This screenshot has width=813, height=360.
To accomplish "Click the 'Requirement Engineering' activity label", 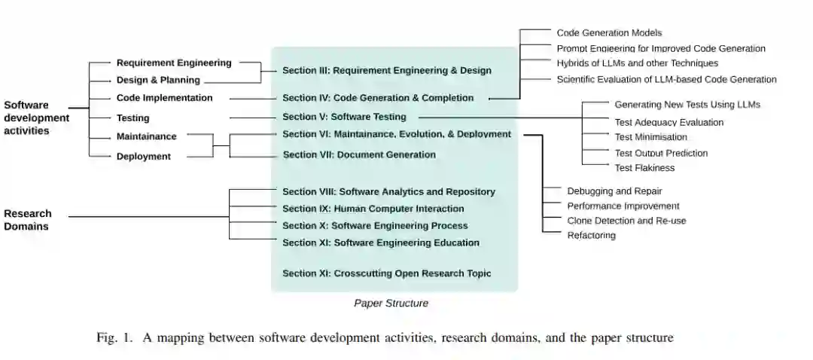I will click(174, 63).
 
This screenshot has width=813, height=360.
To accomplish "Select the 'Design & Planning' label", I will click(158, 81).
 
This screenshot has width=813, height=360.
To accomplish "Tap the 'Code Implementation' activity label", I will click(164, 98).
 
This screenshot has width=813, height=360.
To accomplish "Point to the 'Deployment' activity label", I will click(143, 157).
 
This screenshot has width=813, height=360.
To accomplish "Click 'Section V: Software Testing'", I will click(344, 117).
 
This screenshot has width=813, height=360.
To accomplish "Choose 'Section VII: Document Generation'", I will click(359, 155).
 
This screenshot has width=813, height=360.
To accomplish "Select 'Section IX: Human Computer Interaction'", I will click(373, 209).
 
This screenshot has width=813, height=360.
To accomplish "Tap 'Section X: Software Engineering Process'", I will click(375, 226).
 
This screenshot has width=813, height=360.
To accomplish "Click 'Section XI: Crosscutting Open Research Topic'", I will click(386, 273).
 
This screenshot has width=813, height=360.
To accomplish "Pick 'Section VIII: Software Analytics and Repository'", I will click(388, 192).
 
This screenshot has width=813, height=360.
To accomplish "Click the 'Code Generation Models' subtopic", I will click(609, 33).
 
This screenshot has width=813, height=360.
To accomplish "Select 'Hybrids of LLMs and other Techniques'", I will click(637, 63).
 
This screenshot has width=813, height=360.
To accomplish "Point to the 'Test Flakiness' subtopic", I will click(644, 168).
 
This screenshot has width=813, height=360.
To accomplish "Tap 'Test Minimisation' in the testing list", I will click(650, 137).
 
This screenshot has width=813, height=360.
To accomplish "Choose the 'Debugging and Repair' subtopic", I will click(614, 191).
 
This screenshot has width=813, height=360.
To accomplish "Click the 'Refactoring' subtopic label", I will click(591, 236).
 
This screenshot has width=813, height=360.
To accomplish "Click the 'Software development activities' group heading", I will click(36, 117).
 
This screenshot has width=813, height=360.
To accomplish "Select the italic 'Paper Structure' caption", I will click(391, 304).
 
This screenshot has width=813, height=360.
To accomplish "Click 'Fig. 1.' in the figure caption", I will click(114, 338).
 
